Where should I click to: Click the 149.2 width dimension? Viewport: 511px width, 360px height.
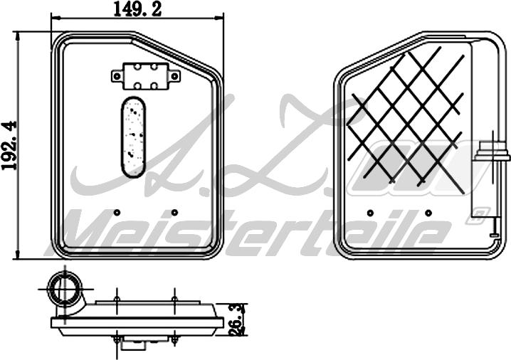pos(136,10)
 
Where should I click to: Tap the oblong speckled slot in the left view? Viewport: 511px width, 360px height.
pos(133,136)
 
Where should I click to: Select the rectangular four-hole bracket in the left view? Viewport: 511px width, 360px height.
pos(144,75)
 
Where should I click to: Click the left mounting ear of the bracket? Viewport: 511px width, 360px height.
pos(117,74)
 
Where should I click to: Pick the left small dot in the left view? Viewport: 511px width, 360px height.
pos(117,211)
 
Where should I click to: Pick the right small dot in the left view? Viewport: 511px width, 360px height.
pos(175,211)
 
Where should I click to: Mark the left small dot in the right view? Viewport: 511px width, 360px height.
pos(369,212)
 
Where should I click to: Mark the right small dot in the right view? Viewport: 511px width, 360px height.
pos(428,212)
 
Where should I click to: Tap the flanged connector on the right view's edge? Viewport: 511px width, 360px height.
pos(492,150)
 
